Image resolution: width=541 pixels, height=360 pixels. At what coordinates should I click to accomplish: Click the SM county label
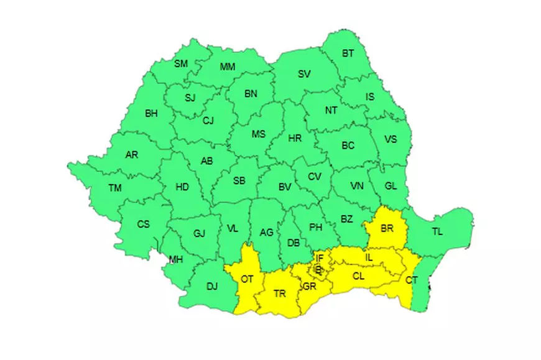tap(181, 64)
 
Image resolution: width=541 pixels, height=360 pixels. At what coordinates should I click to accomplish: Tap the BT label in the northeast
tap(348, 53)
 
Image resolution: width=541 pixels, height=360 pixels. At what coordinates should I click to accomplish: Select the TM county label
tap(115, 188)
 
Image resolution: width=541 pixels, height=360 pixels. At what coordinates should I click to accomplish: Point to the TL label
tap(438, 232)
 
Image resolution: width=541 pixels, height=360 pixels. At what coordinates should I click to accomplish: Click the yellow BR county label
tap(387, 229)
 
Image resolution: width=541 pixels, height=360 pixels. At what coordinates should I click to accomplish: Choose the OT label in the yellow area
tap(247, 279)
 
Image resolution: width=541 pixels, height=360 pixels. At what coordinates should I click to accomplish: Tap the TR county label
tap(280, 294)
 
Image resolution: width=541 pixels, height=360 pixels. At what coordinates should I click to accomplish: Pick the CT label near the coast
tap(412, 280)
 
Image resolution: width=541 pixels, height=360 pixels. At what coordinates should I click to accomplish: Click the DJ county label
tap(212, 286)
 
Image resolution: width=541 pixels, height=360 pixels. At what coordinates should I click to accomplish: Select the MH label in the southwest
tap(177, 259)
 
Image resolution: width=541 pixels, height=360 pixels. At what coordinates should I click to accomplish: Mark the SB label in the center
tap(239, 181)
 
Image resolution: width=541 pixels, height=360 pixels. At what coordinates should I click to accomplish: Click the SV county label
tap(304, 74)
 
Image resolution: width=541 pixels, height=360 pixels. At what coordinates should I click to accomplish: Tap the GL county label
tap(390, 185)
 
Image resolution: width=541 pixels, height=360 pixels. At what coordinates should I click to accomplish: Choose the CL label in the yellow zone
tap(359, 275)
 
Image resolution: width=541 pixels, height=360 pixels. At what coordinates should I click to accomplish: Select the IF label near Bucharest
tap(320, 257)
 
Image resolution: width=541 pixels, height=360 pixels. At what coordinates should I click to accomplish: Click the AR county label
tap(132, 155)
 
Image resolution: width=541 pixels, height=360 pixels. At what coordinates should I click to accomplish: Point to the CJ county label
tap(208, 121)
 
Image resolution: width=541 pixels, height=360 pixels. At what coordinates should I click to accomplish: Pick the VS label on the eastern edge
tap(391, 139)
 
